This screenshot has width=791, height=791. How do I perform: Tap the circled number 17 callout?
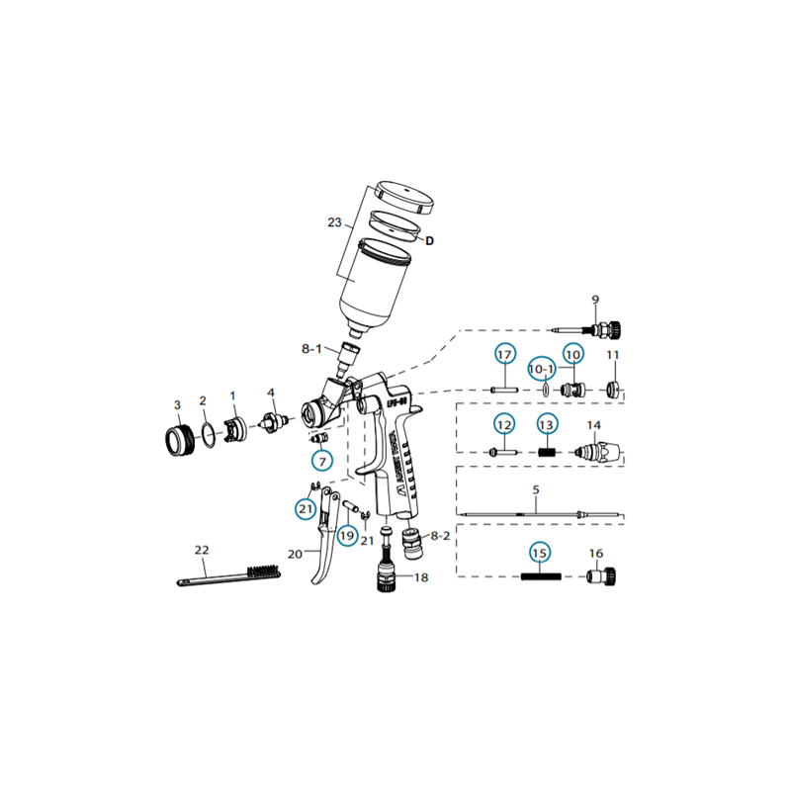coord(504,356)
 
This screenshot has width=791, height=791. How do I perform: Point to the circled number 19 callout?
coord(346,535)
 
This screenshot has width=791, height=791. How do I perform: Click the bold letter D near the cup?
coord(430,240)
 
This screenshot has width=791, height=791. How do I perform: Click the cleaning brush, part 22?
coord(227,575)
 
